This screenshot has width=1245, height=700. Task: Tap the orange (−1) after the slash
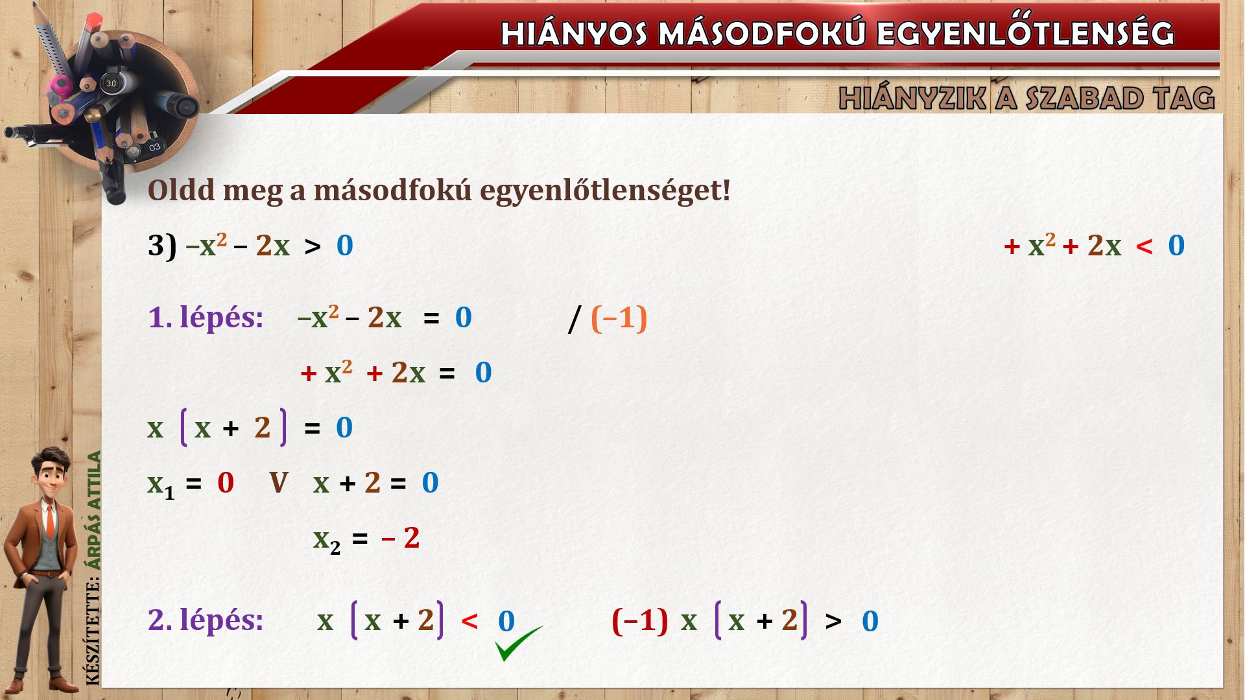(619, 318)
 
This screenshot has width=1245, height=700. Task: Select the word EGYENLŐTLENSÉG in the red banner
(1025, 32)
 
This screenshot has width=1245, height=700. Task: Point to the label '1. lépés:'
(206, 318)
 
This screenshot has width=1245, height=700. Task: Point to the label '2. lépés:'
(206, 620)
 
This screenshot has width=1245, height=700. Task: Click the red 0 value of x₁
(225, 483)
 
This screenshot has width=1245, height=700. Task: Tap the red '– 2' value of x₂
(401, 538)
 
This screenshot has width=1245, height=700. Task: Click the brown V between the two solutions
(278, 483)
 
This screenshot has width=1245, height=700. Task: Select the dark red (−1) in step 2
(639, 621)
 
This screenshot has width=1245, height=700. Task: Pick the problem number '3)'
(162, 246)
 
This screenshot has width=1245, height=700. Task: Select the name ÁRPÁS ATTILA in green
(95, 510)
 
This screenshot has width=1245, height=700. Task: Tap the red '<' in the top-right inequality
(1144, 246)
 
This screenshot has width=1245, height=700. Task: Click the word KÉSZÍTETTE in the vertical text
(94, 631)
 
